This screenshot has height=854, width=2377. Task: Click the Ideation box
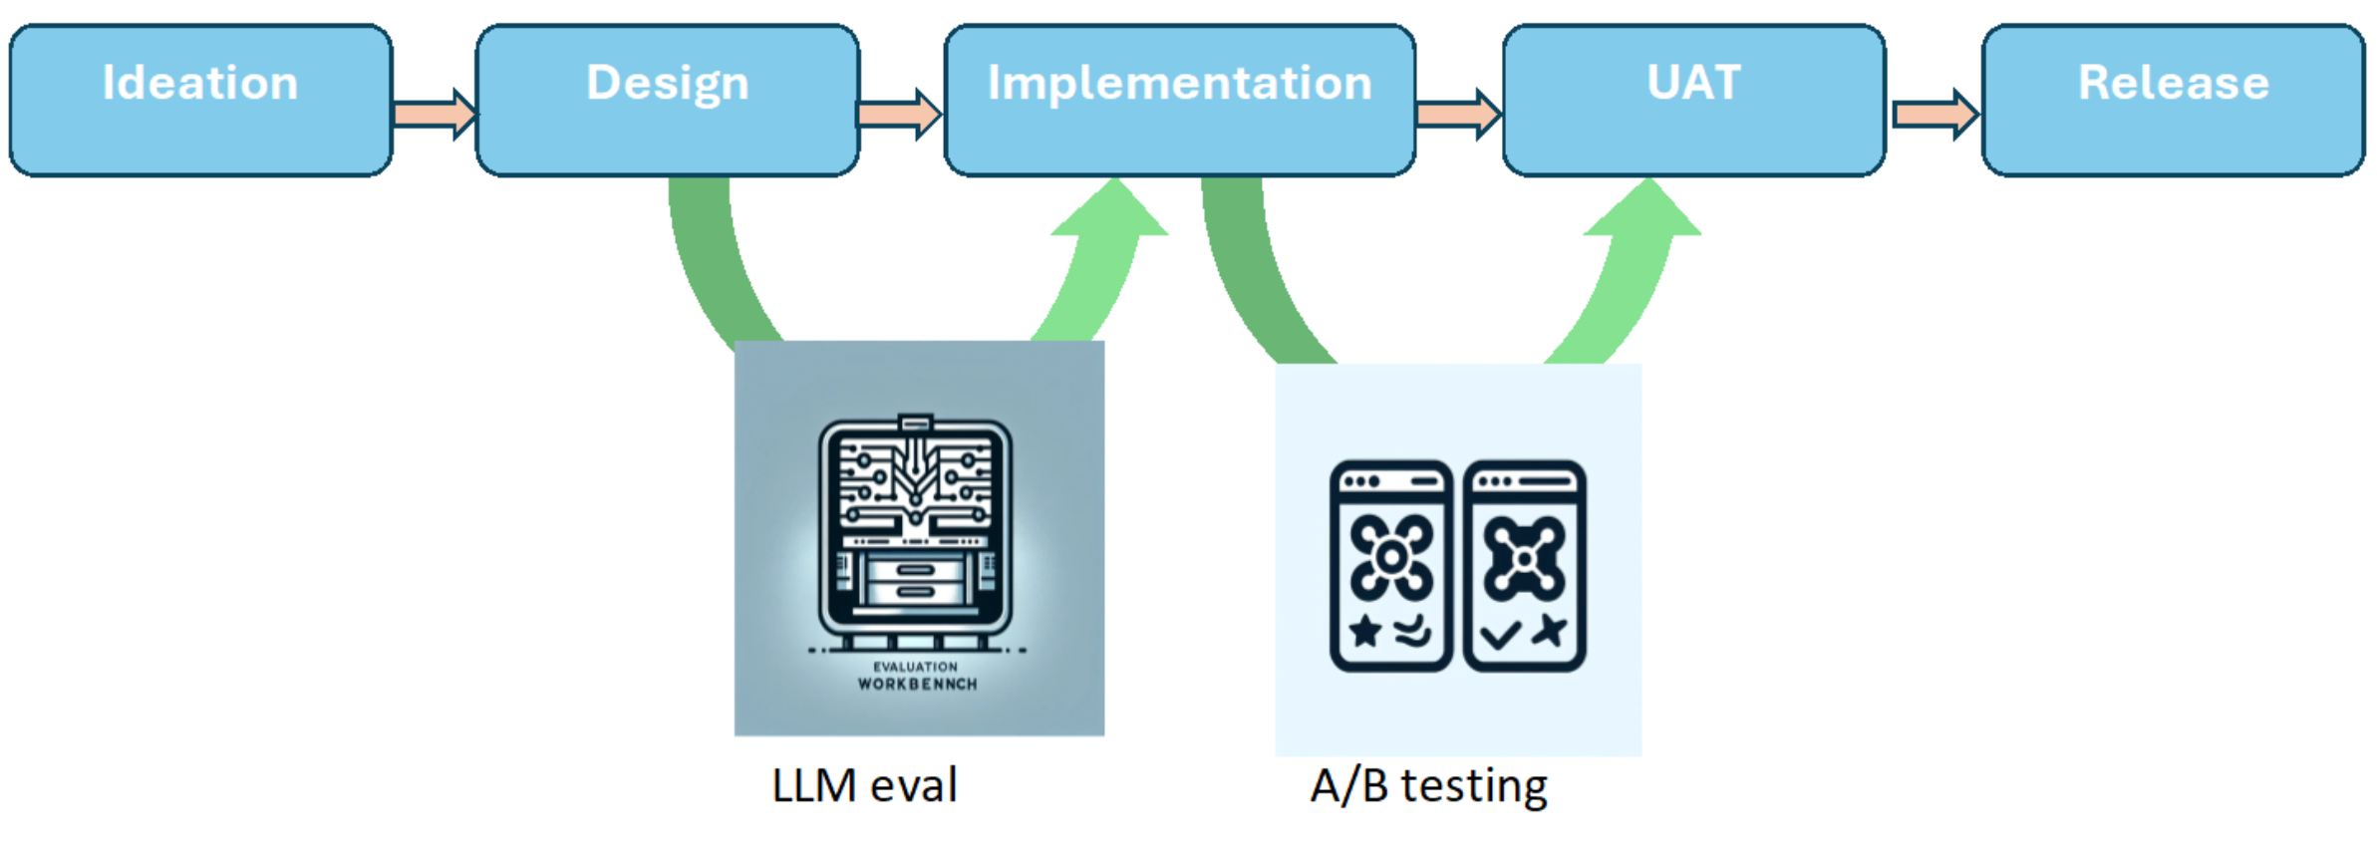(x=200, y=100)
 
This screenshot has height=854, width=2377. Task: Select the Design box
(x=667, y=100)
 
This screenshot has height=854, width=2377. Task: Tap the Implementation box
(x=1179, y=100)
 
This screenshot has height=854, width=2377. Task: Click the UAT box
(x=1693, y=100)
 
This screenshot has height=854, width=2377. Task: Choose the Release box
(x=2173, y=100)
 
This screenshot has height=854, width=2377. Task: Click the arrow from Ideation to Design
(x=435, y=114)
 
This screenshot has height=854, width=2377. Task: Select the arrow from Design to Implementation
(x=899, y=114)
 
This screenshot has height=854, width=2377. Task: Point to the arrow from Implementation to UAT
(x=1458, y=114)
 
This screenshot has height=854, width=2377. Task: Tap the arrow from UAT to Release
(x=1934, y=114)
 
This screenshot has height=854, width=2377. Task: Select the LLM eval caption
(x=864, y=785)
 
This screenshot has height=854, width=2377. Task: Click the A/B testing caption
(x=1428, y=785)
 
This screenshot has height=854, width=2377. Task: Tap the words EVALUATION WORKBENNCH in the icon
(x=916, y=676)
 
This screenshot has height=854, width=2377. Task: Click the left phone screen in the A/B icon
(x=1390, y=565)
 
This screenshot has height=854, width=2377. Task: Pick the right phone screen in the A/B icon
(x=1524, y=565)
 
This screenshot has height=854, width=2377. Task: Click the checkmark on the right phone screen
(x=1500, y=634)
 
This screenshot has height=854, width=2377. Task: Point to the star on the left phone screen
(x=1364, y=631)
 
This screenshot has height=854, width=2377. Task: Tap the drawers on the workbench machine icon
(x=915, y=581)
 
